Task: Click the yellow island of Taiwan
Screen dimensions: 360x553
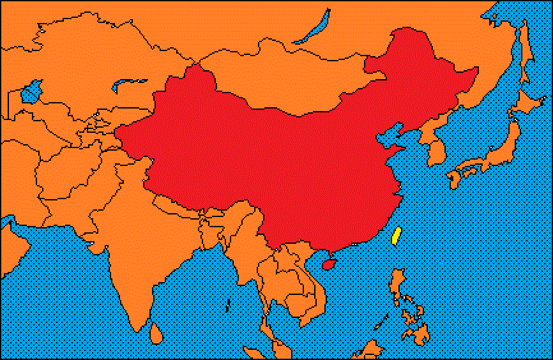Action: (395, 236)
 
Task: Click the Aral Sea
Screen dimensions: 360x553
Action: (31, 93)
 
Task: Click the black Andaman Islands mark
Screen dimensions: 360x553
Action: (228, 305)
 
